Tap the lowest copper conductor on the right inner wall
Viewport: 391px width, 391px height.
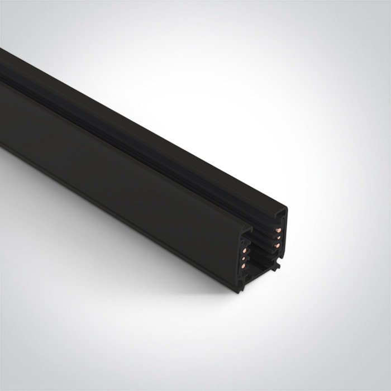(x=277, y=245)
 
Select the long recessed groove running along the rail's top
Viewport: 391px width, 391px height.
(x=140, y=140)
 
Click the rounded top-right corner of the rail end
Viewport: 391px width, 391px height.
(x=285, y=210)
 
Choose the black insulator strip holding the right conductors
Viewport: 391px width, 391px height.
(x=274, y=237)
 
